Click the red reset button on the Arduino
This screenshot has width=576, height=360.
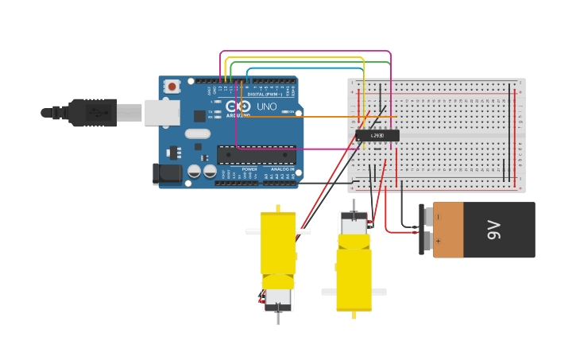(172, 86)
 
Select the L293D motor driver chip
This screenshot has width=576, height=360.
(377, 136)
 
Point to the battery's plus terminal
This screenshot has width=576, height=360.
(429, 239)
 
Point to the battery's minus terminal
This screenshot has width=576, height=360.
(429, 217)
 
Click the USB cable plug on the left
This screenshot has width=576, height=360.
(91, 113)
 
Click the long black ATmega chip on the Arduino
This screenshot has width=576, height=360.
(257, 154)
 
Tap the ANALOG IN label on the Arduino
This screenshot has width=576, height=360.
(281, 169)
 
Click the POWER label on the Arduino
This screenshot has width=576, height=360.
(249, 169)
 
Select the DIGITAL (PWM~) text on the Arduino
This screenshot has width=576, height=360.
(262, 94)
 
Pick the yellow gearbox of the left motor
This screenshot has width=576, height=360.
(278, 242)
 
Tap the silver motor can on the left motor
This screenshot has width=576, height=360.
(278, 299)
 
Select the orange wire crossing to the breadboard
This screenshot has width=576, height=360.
(318, 117)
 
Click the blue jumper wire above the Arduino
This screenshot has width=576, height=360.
(318, 68)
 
